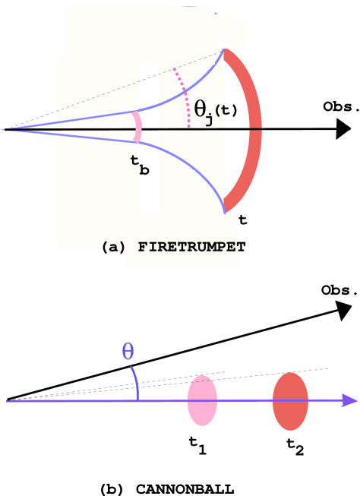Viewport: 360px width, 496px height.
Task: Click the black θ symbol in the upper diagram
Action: [201, 109]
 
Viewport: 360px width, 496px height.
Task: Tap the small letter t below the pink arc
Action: [134, 160]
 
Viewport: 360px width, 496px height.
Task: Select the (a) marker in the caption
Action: [114, 247]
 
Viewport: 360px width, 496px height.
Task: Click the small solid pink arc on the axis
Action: [137, 127]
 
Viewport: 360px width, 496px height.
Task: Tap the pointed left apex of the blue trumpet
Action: [4, 130]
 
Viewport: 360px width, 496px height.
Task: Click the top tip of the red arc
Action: [226, 50]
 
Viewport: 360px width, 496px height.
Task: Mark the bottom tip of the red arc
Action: [226, 210]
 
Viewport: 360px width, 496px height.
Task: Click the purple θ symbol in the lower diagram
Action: [128, 352]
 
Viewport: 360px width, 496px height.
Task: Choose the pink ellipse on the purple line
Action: [202, 400]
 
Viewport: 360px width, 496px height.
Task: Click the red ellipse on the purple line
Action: [290, 401]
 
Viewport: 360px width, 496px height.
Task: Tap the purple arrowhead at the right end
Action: [350, 400]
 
